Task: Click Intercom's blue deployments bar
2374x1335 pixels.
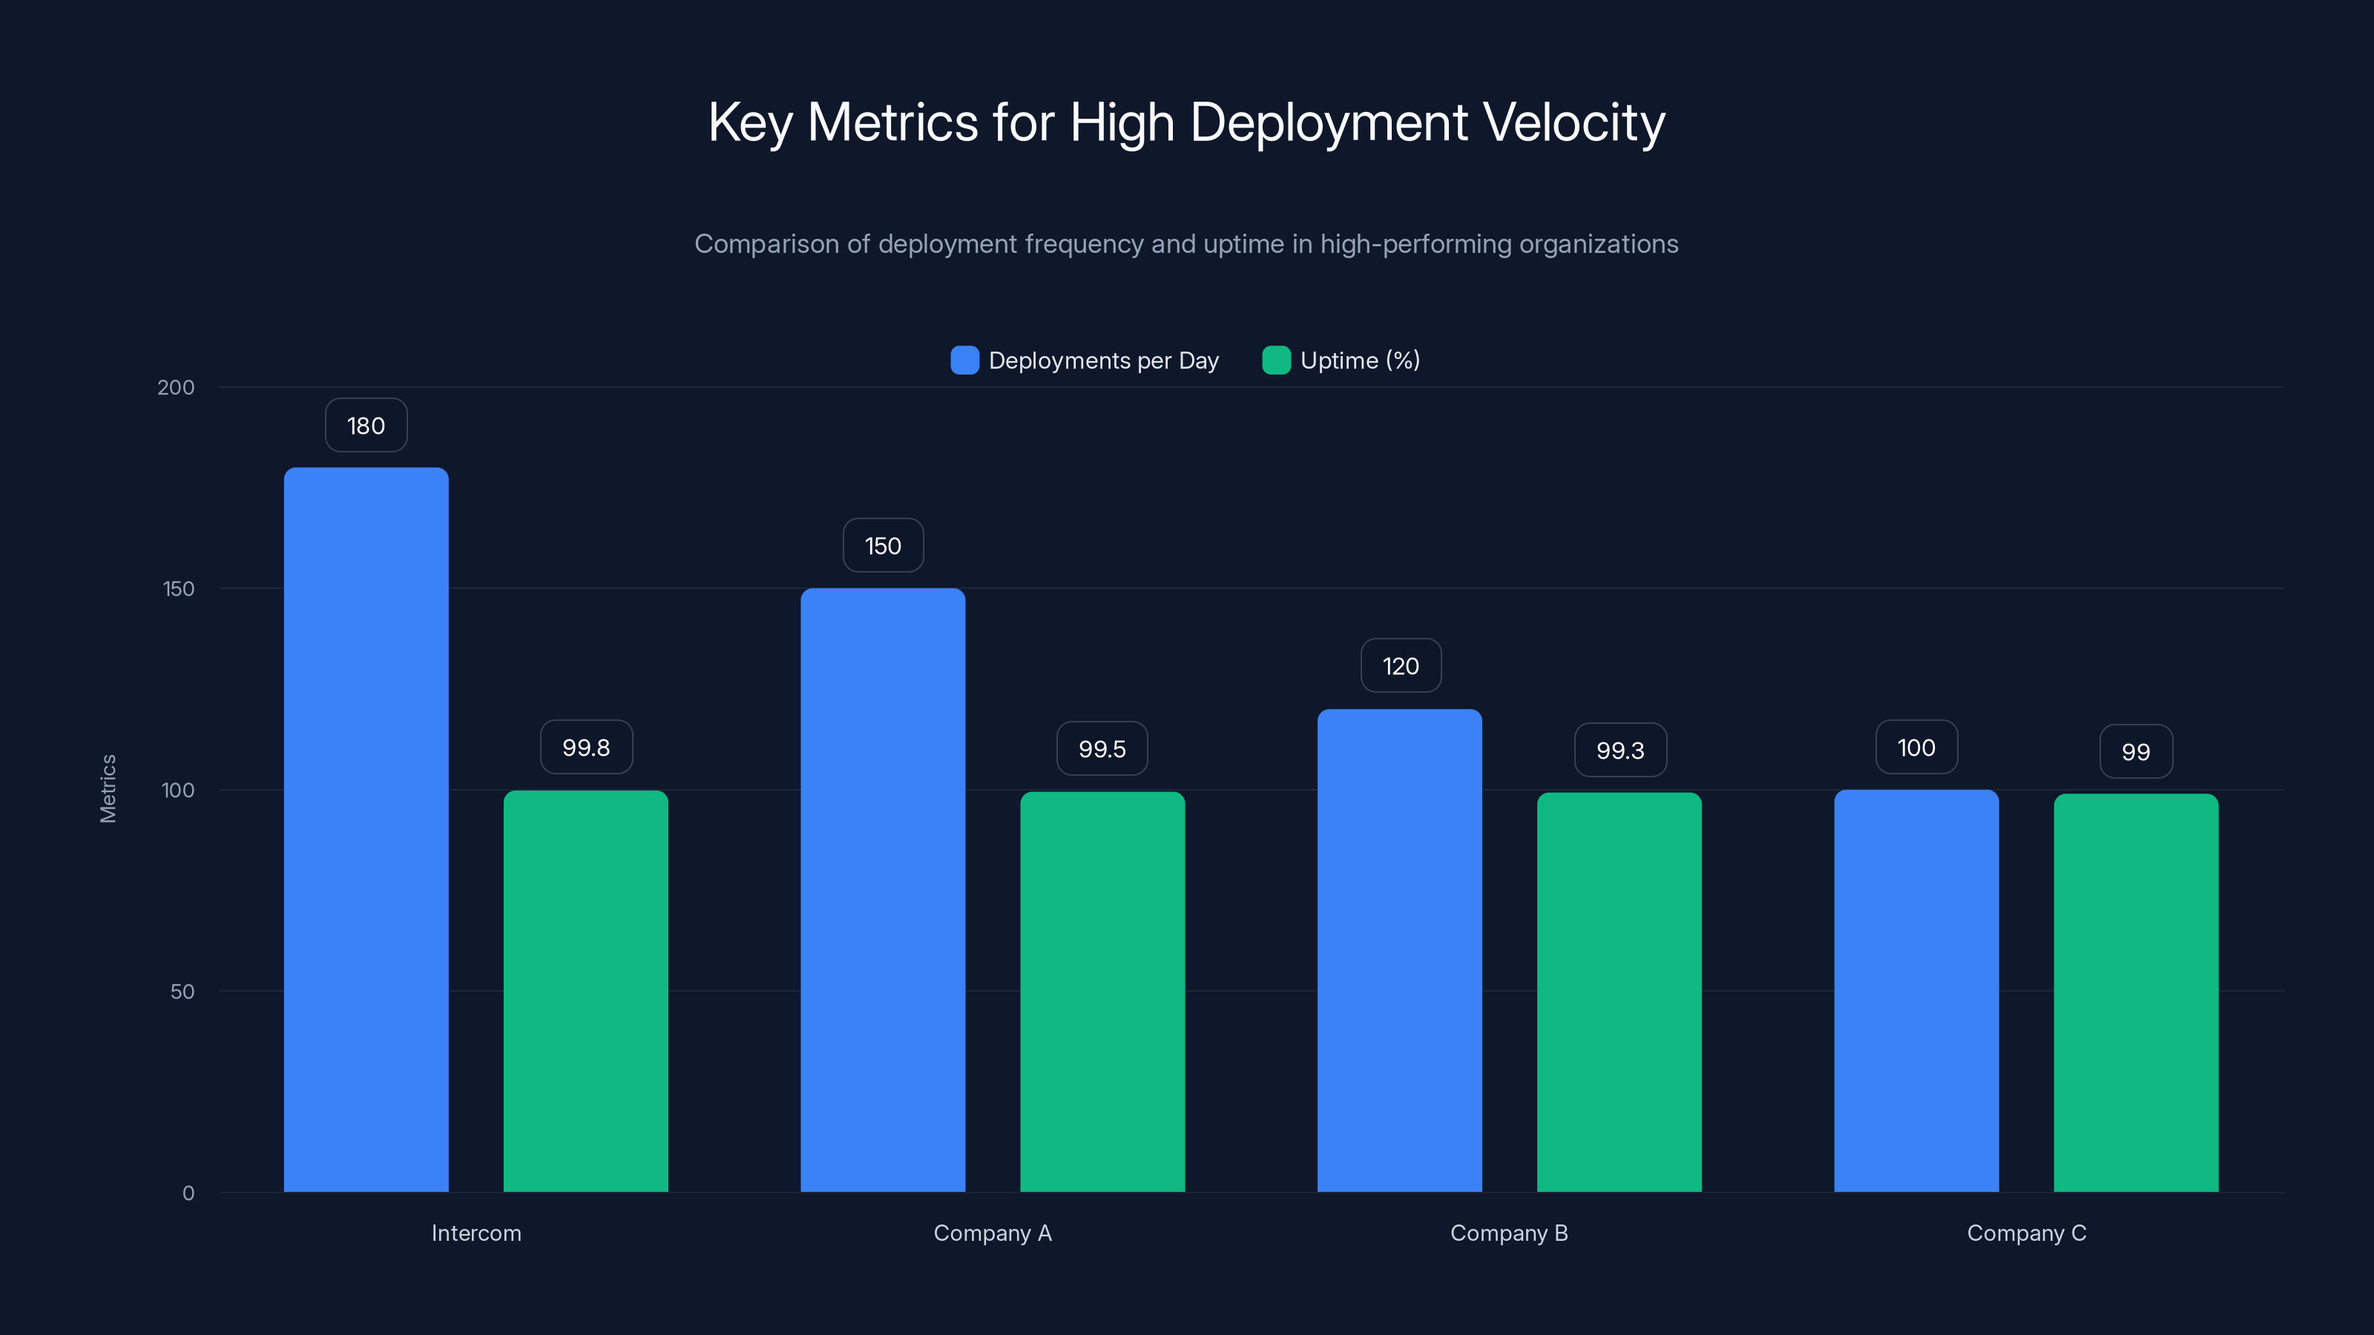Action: pyautogui.click(x=366, y=829)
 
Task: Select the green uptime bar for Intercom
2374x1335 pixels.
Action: pyautogui.click(x=585, y=990)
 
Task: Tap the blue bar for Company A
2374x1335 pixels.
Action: pyautogui.click(x=883, y=889)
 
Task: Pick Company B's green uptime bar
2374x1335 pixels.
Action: pyautogui.click(x=1620, y=992)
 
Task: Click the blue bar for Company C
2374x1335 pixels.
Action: pyautogui.click(x=1916, y=990)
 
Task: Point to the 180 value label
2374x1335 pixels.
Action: pyautogui.click(x=366, y=426)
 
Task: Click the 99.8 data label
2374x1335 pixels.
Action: pyautogui.click(x=586, y=747)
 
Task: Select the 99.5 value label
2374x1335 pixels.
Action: pyautogui.click(x=1102, y=749)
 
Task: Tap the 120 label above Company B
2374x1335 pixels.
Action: pyautogui.click(x=1401, y=666)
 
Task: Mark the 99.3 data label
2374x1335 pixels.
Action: pyautogui.click(x=1620, y=751)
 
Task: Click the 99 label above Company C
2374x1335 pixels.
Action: pyautogui.click(x=2135, y=752)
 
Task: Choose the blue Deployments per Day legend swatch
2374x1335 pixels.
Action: pyautogui.click(x=964, y=360)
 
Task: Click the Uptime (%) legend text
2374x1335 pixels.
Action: pyautogui.click(x=1359, y=360)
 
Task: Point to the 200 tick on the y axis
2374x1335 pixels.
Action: pyautogui.click(x=175, y=387)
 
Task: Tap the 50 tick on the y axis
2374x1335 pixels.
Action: pyautogui.click(x=182, y=992)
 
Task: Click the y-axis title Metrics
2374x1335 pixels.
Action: pyautogui.click(x=108, y=788)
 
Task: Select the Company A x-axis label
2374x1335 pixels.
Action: pyautogui.click(x=993, y=1233)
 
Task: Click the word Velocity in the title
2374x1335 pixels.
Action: pyautogui.click(x=1573, y=122)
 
